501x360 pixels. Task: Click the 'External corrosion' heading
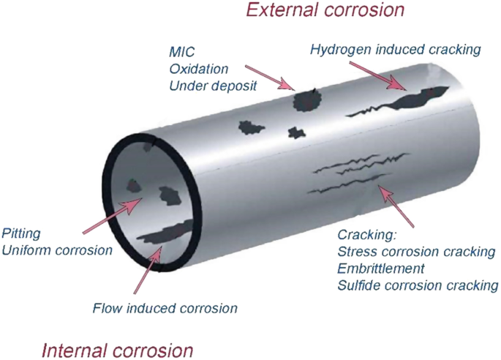[325, 11]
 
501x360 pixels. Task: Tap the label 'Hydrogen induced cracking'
[395, 50]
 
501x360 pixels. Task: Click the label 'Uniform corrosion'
[57, 250]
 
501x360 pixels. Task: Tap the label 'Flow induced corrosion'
[165, 308]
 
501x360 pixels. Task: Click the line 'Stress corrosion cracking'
[416, 252]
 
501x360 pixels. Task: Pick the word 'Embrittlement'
[381, 269]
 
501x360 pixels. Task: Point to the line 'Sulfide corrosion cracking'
[418, 285]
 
